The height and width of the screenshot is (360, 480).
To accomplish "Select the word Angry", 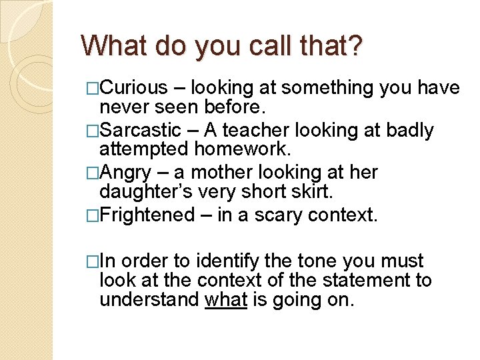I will [x=129, y=173].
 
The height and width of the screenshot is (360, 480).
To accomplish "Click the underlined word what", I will [x=227, y=300].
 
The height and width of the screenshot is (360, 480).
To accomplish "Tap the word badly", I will [x=409, y=130].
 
